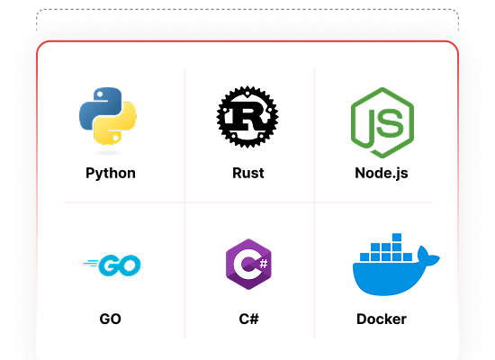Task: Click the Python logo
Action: [x=108, y=116]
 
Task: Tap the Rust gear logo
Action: [x=247, y=116]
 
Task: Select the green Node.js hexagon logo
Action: [x=382, y=122]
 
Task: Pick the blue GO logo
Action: [x=112, y=265]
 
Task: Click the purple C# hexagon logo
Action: [x=248, y=264]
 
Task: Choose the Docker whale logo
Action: [x=396, y=265]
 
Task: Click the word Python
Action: [x=111, y=174]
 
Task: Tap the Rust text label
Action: [x=248, y=173]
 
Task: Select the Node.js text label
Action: [x=382, y=174]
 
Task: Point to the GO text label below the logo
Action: [x=110, y=319]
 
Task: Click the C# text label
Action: [x=248, y=319]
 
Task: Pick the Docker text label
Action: [x=382, y=319]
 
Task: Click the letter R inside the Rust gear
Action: [x=247, y=117]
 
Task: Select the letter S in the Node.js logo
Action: [x=390, y=122]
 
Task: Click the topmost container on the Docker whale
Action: [x=397, y=238]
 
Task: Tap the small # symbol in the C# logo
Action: [x=264, y=263]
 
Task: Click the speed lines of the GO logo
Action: [x=91, y=263]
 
